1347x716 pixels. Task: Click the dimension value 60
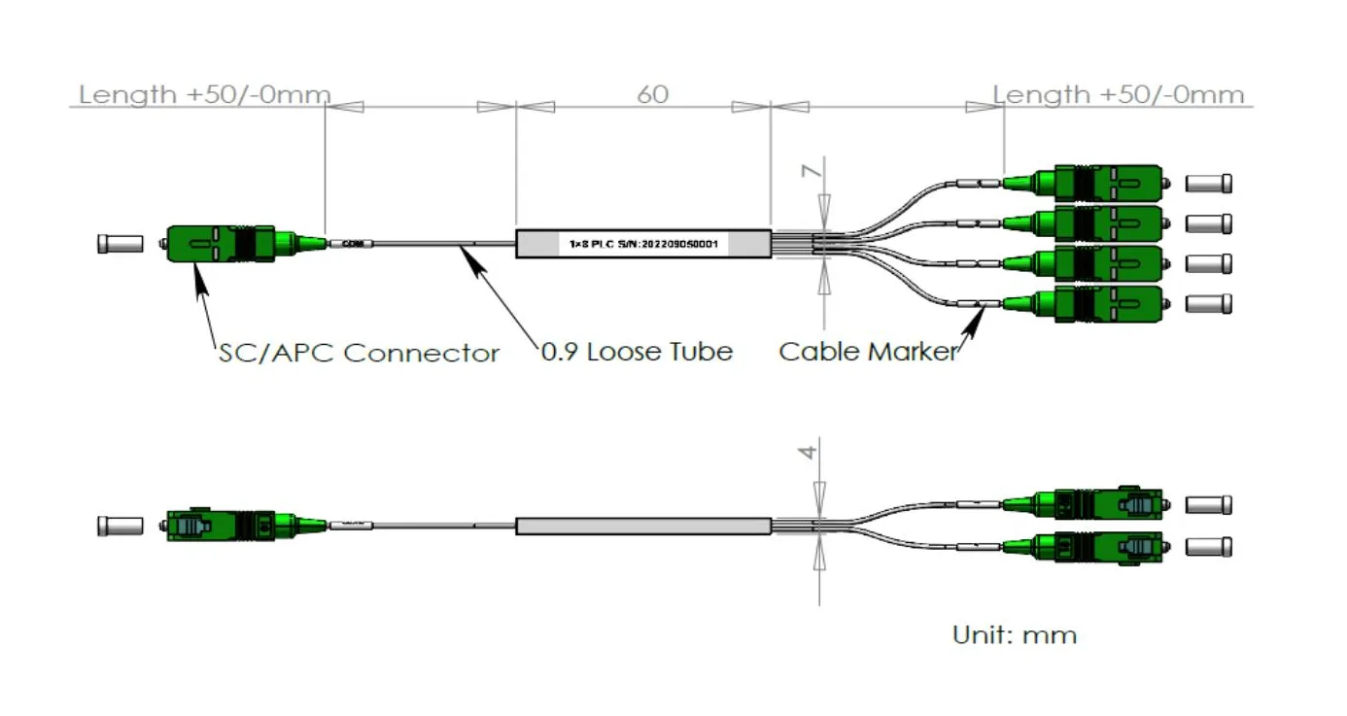point(652,95)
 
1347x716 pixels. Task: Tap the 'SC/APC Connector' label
point(359,353)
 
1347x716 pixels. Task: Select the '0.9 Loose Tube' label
point(637,352)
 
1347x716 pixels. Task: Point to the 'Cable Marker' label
point(868,352)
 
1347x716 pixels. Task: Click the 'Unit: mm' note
point(1015,635)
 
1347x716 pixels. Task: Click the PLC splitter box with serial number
point(642,243)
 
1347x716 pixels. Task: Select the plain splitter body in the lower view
point(642,527)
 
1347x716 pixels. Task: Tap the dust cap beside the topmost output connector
point(1210,183)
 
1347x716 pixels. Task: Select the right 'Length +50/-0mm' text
point(1118,95)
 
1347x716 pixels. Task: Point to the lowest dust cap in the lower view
point(1210,547)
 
